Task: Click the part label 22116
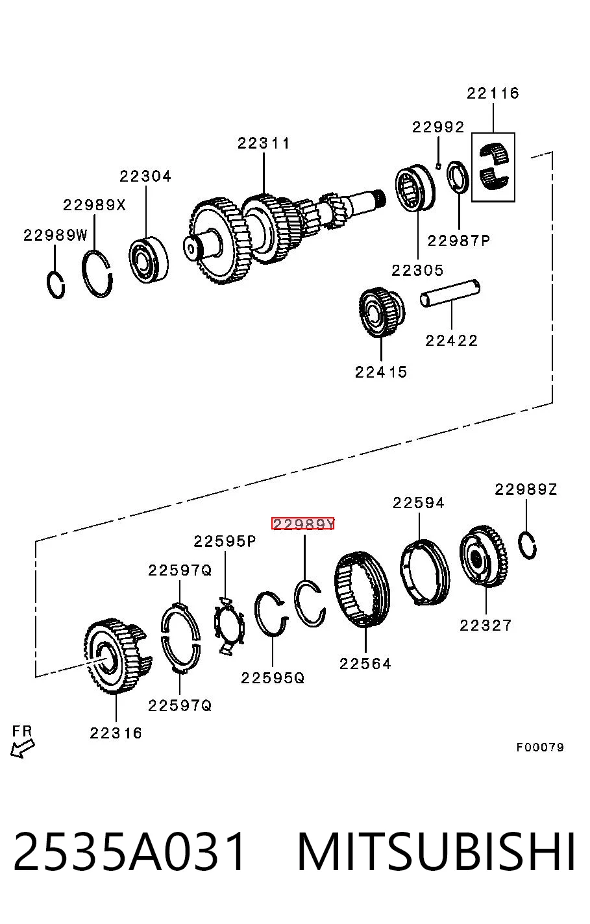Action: (493, 93)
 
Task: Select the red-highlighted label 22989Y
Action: (303, 524)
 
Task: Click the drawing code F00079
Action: (539, 747)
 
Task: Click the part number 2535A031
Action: (129, 853)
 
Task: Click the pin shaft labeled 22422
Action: (450, 293)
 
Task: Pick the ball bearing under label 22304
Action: (149, 260)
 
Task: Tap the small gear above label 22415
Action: (382, 312)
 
